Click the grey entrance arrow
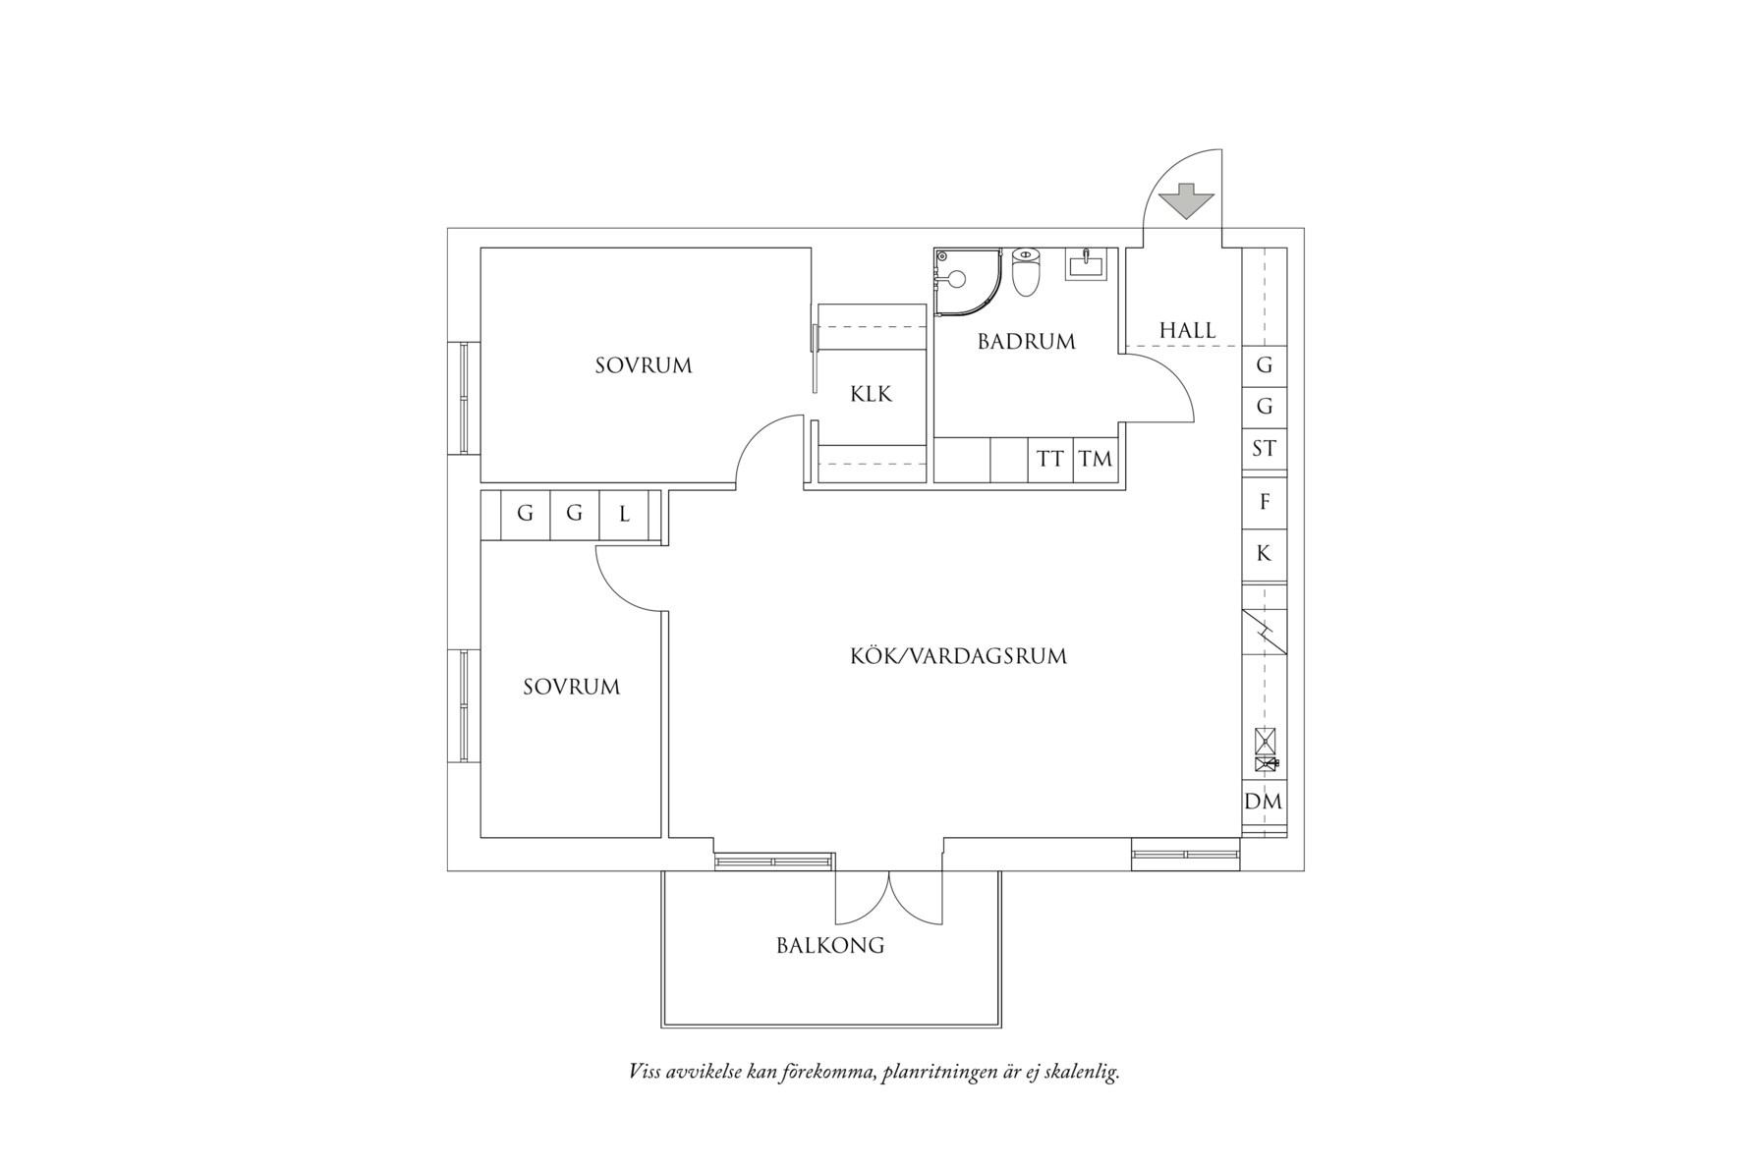click(1187, 201)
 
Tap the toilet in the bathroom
click(1025, 272)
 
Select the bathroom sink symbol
click(1086, 263)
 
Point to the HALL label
click(1187, 330)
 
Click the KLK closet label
click(871, 394)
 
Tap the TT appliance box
click(1050, 459)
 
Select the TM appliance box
click(1095, 459)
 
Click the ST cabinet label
click(1265, 448)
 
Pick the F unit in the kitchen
click(1265, 502)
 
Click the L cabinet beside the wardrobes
click(624, 515)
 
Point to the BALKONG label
click(830, 946)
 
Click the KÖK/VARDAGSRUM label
click(958, 656)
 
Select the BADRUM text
click(1027, 341)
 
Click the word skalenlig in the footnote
click(1083, 1072)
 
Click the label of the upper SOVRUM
click(644, 365)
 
